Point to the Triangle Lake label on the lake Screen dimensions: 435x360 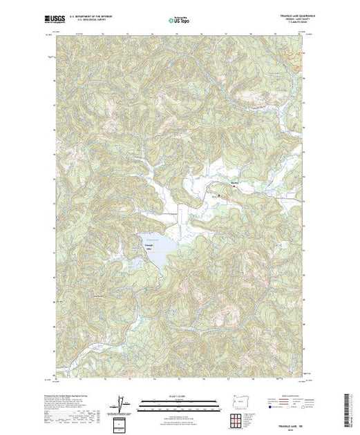[146, 247]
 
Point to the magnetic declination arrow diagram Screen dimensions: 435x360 [122, 403]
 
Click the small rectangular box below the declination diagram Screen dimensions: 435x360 [122, 423]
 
